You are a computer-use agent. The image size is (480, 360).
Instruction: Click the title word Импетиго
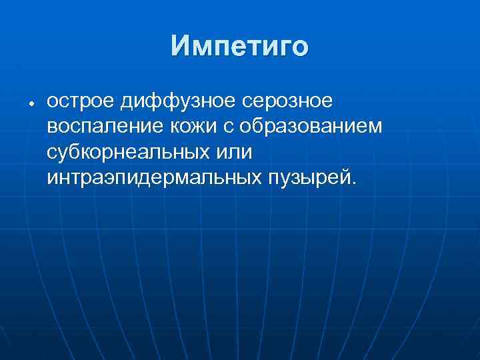(239, 46)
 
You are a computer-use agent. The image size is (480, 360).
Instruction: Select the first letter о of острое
(53, 103)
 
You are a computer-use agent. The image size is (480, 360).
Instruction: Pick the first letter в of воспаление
(53, 128)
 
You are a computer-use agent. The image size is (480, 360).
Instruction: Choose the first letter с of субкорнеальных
(53, 153)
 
